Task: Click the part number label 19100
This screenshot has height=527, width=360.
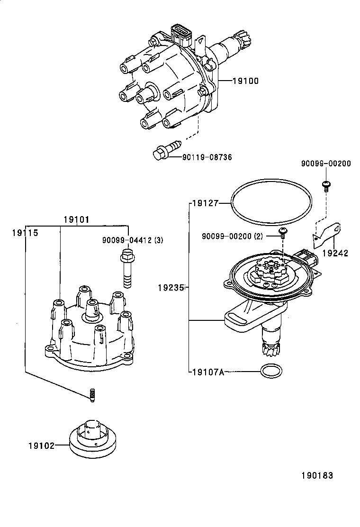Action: (x=245, y=81)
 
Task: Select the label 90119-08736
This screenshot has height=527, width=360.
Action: (x=207, y=157)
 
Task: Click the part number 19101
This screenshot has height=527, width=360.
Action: (x=77, y=220)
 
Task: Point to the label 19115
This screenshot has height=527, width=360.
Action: (x=25, y=233)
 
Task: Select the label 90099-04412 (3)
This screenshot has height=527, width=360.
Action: (x=132, y=240)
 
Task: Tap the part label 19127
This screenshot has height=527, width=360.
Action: (x=205, y=203)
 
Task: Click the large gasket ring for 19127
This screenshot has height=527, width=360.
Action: (x=271, y=202)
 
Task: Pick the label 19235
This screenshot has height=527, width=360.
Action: (x=171, y=287)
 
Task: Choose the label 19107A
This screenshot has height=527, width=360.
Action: (x=208, y=372)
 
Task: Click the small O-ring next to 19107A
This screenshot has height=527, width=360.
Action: (x=270, y=371)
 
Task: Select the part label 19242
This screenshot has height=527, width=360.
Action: (x=335, y=253)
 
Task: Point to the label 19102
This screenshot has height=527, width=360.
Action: (x=41, y=445)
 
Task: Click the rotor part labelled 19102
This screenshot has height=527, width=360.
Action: (x=92, y=439)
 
